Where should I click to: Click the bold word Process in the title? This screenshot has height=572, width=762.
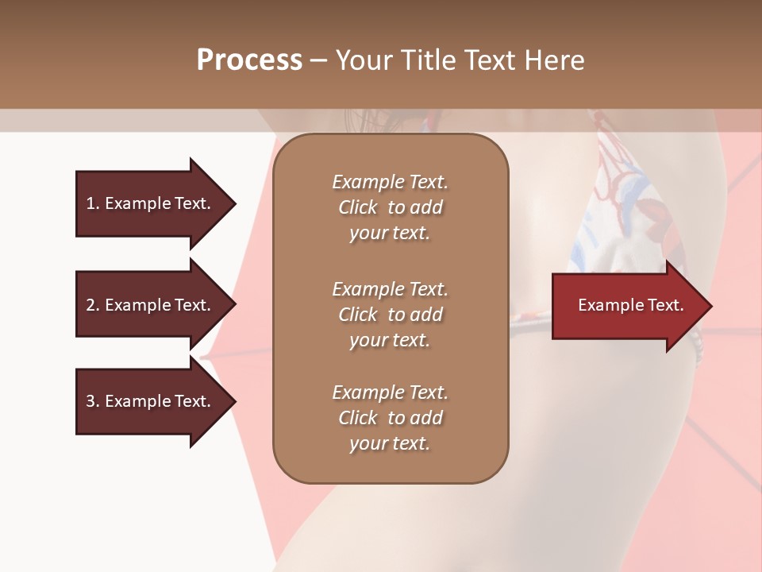[x=249, y=60]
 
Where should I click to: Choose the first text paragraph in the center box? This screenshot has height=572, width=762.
[x=390, y=207]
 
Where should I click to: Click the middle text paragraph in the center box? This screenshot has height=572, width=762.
[x=390, y=315]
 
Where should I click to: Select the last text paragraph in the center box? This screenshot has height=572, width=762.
[x=390, y=418]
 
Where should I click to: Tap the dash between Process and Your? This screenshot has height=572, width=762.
[x=318, y=60]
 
